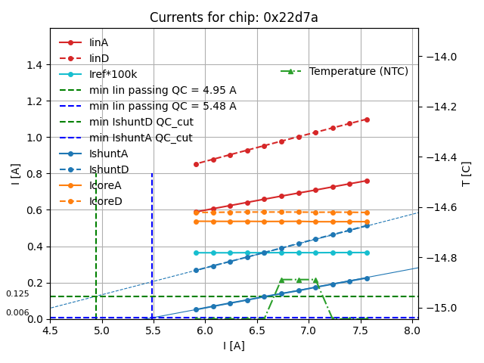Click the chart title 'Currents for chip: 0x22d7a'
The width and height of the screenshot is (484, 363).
click(234, 17)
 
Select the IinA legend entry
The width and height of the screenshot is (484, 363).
click(98, 42)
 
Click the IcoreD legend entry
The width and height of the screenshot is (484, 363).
click(105, 201)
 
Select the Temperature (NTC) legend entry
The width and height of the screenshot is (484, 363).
click(358, 71)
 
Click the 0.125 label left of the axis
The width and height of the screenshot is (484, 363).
click(17, 294)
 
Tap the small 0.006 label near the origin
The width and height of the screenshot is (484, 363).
click(17, 312)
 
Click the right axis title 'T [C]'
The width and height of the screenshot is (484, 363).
click(467, 173)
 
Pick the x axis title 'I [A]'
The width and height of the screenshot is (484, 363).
click(234, 346)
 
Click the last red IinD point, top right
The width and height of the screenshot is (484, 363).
click(367, 119)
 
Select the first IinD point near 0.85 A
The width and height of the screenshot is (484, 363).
click(196, 164)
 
